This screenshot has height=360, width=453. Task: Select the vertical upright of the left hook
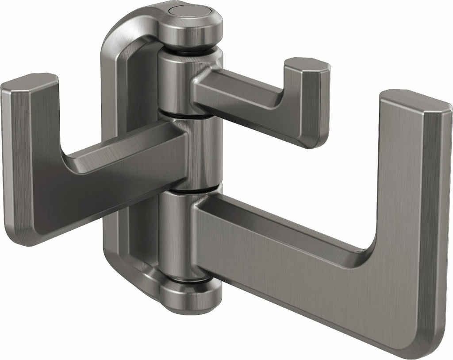(x=27, y=159)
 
